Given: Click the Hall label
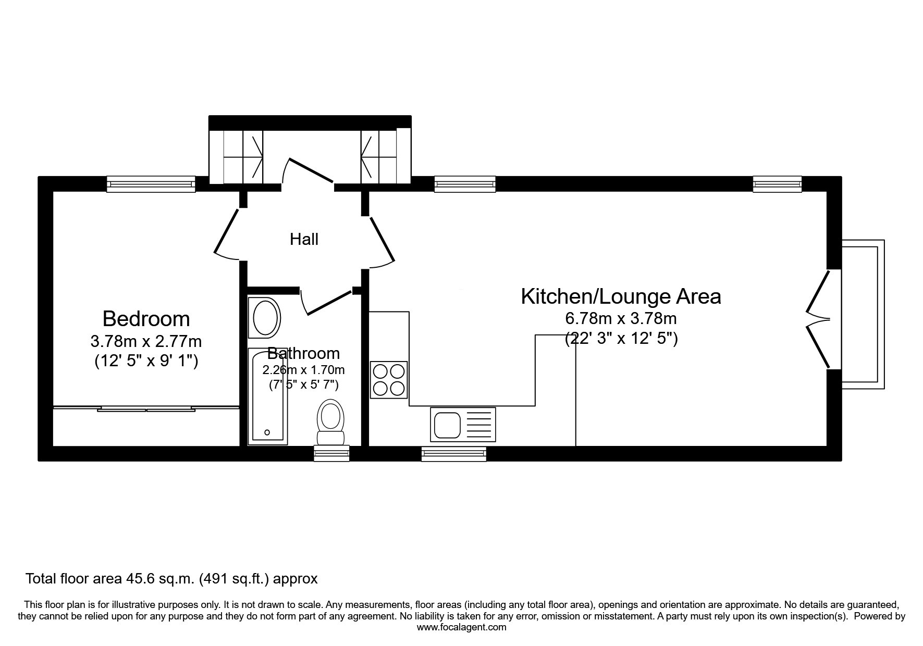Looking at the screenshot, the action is coord(304,239).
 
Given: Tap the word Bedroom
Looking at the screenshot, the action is coord(146,318).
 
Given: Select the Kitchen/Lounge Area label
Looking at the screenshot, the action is coord(621,296).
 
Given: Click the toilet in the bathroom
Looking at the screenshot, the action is coord(330,423).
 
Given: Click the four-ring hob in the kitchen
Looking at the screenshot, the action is coord(389,380).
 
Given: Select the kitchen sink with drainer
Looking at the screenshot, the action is coord(463,424).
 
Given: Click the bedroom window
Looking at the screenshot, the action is coord(151,184).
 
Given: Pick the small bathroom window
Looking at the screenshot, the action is coord(331,454).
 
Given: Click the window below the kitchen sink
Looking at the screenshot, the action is coord(454,454).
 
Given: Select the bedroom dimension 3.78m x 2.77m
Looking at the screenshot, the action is coord(146,342).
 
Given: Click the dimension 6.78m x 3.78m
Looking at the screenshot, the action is coord(621,318).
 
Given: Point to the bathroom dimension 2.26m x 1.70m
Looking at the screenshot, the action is coord(303,370).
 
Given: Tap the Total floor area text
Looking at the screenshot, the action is coord(171,578).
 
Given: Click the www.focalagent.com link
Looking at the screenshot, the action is coord(462,627).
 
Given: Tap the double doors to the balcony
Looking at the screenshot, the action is coord(817,319).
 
